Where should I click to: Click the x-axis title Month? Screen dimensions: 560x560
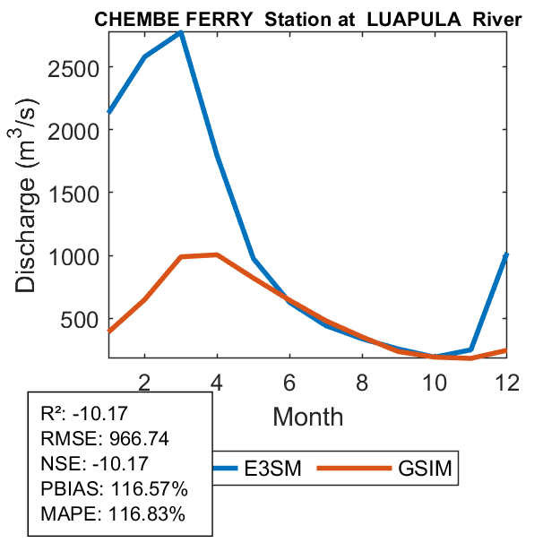pos(307,416)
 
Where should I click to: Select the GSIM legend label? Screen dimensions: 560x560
pos(425,469)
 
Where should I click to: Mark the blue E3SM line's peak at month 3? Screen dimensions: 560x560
pos(181,32)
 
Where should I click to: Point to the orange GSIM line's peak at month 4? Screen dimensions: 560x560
pos(217,254)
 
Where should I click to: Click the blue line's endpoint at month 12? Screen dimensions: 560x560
pos(506,255)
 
